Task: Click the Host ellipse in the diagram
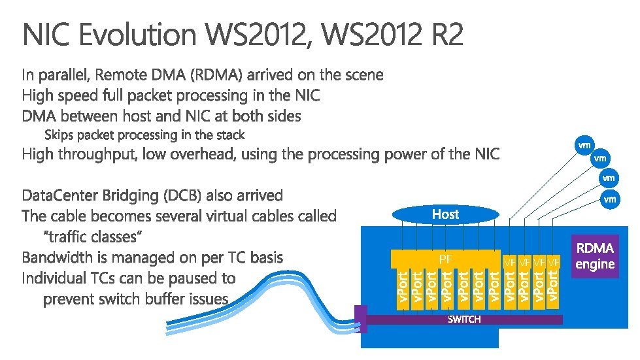445,214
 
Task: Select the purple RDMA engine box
594,256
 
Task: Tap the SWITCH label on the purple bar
463,319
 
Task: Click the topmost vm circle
584,144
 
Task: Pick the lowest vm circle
609,199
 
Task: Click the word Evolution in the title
137,35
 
